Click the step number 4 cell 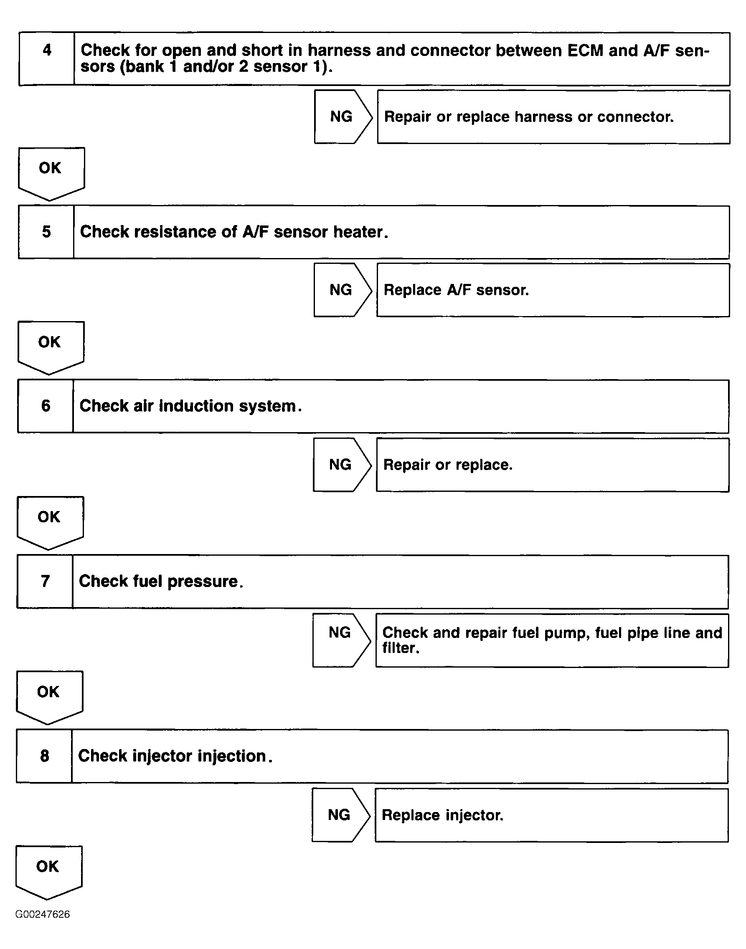point(47,58)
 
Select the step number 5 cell point(46,232)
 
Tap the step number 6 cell point(46,406)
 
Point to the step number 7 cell point(45,582)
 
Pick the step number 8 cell point(44,756)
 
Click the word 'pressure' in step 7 point(204,582)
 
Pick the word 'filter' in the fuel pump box point(400,648)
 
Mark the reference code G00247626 point(42,914)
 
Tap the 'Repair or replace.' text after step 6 point(448,465)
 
